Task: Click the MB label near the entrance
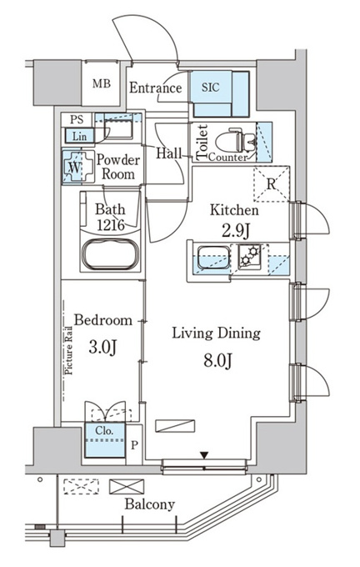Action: (101, 84)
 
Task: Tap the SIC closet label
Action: (210, 88)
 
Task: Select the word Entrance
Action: (156, 88)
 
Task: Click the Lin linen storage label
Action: (79, 136)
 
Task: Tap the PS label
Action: (77, 119)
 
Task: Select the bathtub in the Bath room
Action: (110, 253)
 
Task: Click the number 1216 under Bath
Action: (111, 225)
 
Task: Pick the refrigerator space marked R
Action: (272, 183)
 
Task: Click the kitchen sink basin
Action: (214, 258)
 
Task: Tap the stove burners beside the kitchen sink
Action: (250, 256)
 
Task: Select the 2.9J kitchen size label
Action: (235, 231)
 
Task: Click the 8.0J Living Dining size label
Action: (217, 360)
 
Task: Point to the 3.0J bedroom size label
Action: (102, 348)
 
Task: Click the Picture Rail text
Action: (68, 350)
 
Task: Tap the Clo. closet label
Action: (104, 431)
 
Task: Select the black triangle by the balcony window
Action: (205, 455)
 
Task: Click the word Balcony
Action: (150, 504)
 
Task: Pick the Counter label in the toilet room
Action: (228, 158)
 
